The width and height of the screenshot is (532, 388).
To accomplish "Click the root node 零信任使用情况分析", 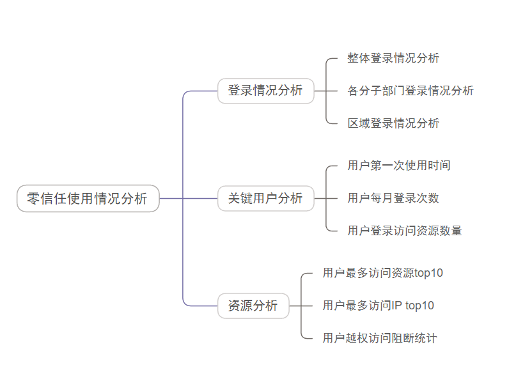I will (x=88, y=199).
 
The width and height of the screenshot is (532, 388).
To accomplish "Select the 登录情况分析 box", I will (x=265, y=91).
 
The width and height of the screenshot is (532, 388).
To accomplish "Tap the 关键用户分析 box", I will (x=265, y=199).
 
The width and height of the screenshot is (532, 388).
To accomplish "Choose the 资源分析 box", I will (x=253, y=306).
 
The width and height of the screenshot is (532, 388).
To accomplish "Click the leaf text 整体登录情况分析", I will (x=393, y=58).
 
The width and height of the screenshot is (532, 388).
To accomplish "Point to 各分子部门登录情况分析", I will (x=411, y=91).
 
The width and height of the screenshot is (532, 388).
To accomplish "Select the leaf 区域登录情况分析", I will (x=393, y=123).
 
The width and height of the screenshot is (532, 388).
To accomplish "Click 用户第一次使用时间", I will (x=399, y=166).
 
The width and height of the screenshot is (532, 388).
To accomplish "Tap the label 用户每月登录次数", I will (x=393, y=198).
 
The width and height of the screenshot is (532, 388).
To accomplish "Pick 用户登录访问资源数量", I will (x=405, y=231).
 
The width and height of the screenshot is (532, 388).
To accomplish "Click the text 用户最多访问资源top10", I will (x=382, y=274).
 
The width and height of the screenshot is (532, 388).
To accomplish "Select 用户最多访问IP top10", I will (x=378, y=306).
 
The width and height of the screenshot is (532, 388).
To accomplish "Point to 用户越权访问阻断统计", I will (x=380, y=339).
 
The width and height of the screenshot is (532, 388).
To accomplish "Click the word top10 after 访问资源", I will (x=429, y=274).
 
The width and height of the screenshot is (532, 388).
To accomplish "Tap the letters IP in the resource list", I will (x=396, y=306).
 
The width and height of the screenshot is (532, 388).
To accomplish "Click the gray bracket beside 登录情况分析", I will (x=327, y=91).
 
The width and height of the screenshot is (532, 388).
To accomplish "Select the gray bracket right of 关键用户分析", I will (x=327, y=199).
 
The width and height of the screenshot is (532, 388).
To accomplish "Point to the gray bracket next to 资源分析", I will (x=302, y=306).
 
